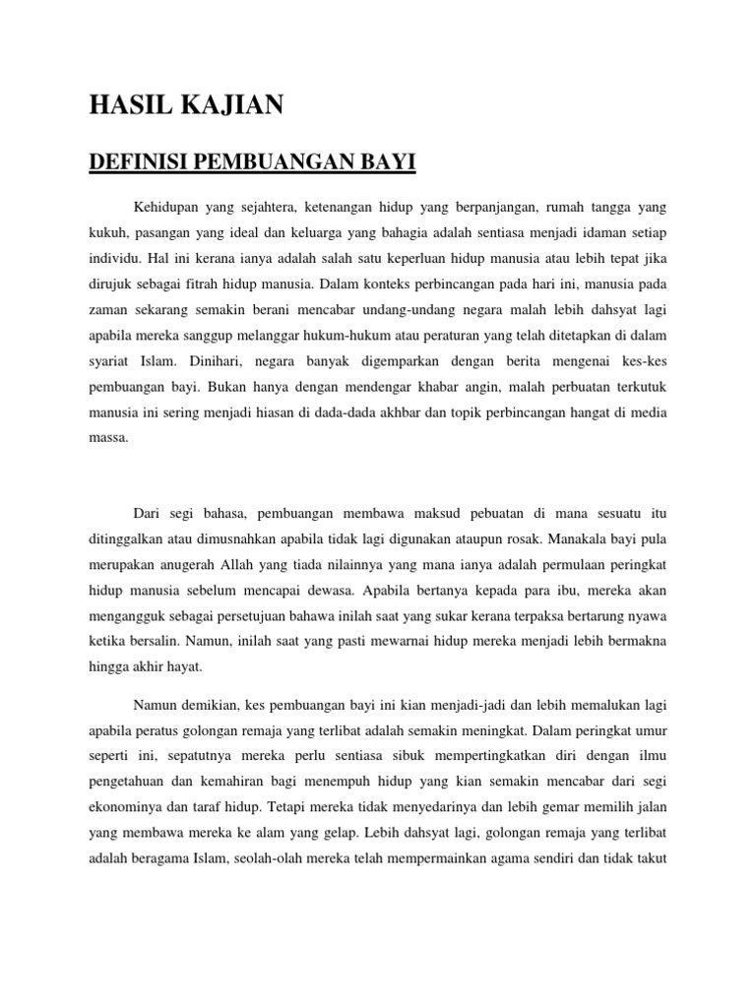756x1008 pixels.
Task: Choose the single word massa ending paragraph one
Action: pyautogui.click(x=108, y=438)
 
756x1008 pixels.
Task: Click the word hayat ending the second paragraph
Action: pyautogui.click(x=182, y=668)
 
